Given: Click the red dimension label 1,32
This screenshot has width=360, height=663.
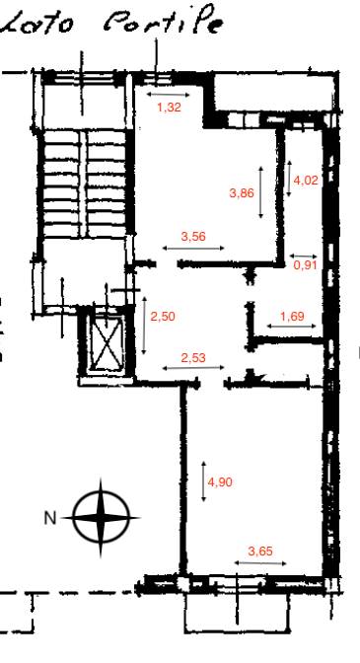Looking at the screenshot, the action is [x=169, y=108].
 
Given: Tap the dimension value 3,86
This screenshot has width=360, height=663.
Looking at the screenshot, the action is [x=242, y=193].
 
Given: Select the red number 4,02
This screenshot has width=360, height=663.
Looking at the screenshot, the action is [x=306, y=181].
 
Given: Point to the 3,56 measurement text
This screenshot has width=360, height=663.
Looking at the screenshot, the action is [x=193, y=237].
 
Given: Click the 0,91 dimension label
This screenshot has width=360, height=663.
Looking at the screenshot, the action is [x=305, y=265].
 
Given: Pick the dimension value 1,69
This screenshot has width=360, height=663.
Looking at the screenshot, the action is [x=292, y=317].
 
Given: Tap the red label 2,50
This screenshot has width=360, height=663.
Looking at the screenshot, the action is [x=163, y=317].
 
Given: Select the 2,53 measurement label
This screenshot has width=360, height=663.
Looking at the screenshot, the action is [x=193, y=358].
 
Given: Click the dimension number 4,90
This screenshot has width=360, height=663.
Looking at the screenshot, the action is [x=220, y=482].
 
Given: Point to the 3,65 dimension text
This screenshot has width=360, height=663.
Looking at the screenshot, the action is [x=260, y=552].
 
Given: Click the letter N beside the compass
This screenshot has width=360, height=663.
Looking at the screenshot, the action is [x=50, y=518].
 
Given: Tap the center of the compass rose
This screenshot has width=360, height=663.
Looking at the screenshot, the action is [x=101, y=517].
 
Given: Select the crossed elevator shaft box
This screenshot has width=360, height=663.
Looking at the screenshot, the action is [x=105, y=342].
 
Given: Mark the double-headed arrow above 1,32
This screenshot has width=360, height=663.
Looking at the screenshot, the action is [x=169, y=95].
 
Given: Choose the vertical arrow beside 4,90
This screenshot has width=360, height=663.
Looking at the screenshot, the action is [x=203, y=481].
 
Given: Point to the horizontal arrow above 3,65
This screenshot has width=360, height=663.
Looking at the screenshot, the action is [x=260, y=562].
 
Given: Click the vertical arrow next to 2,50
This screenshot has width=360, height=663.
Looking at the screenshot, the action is [x=144, y=326].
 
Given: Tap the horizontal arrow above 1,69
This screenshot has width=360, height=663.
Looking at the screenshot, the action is [x=292, y=326].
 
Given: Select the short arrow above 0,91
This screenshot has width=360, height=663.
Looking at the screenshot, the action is [x=304, y=256].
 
